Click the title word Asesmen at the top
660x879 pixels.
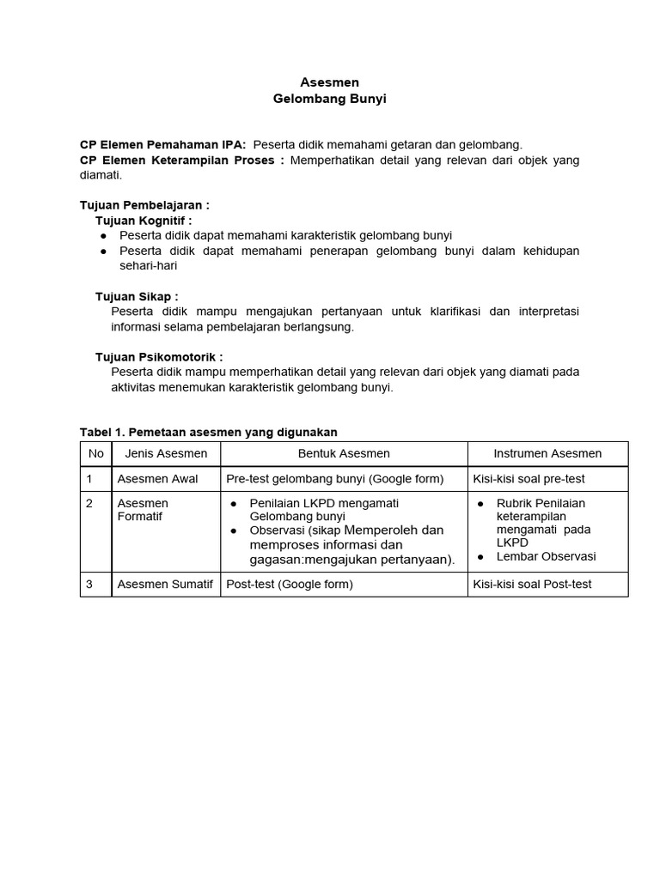tap(329, 82)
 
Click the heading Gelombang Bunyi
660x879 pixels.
tap(329, 100)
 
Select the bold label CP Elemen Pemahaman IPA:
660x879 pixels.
tap(162, 144)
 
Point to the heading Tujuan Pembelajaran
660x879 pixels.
tap(144, 205)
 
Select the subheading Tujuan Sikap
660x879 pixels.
tap(137, 296)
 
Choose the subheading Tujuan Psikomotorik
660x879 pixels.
tap(159, 356)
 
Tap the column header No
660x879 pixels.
tap(95, 453)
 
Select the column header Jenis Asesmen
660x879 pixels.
tap(166, 453)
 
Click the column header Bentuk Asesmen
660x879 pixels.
tap(344, 453)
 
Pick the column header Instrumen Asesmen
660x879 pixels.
tap(547, 453)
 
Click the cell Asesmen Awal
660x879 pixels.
tap(157, 479)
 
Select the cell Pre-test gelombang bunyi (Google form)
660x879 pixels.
tap(334, 479)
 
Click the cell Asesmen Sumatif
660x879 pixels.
tap(164, 585)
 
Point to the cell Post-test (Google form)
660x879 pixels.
tap(289, 585)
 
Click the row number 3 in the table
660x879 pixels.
tap(89, 585)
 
